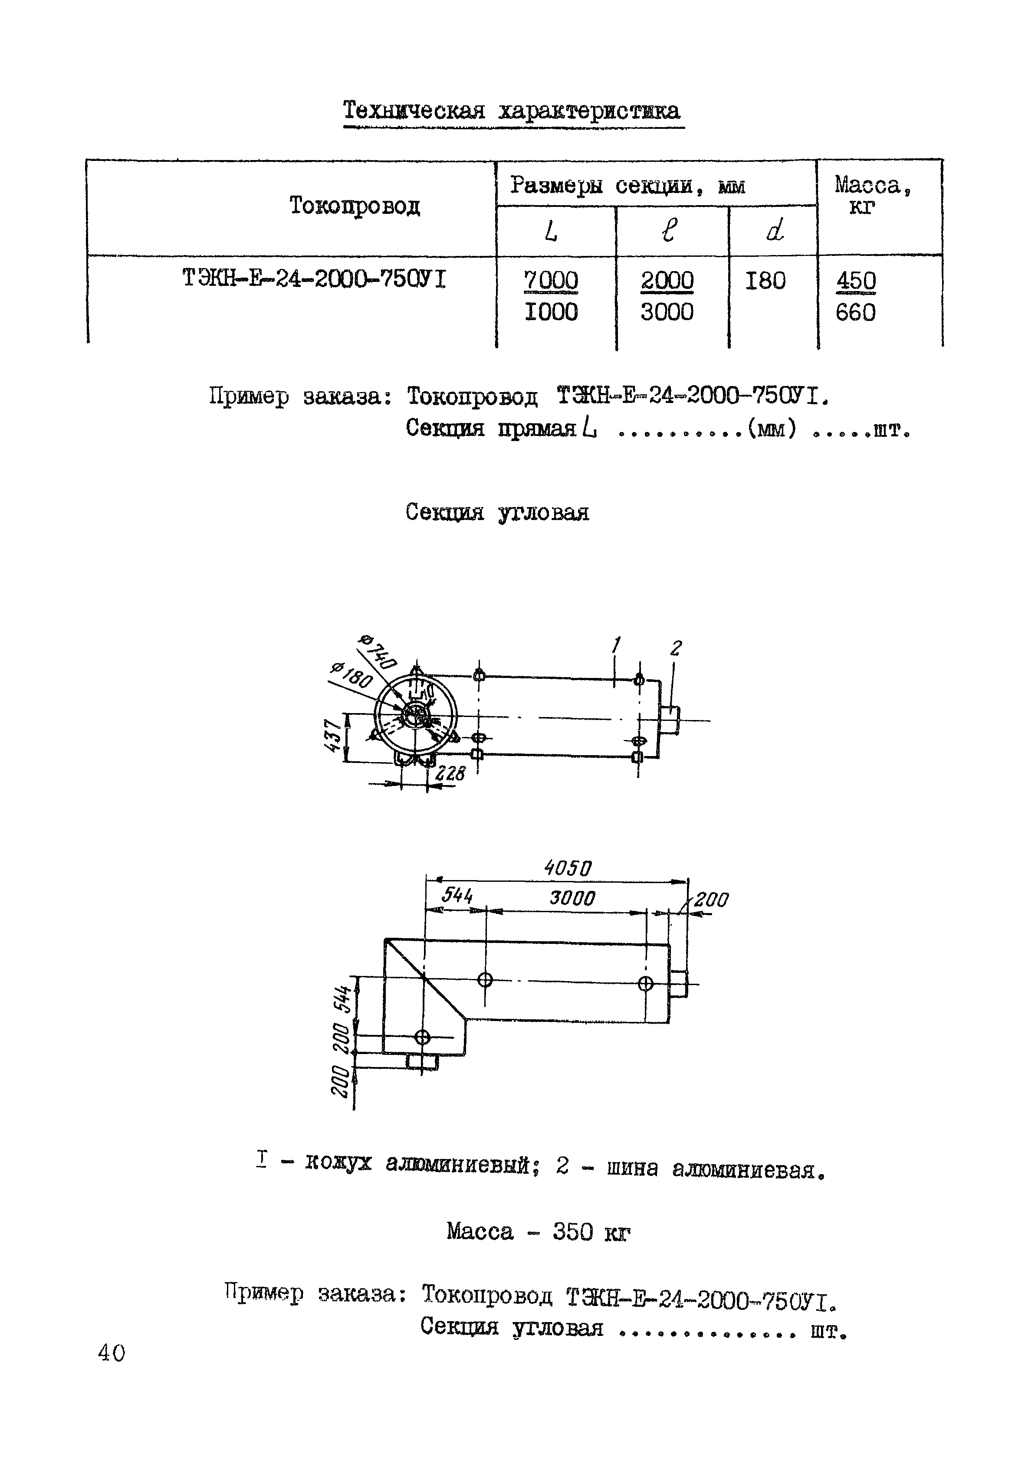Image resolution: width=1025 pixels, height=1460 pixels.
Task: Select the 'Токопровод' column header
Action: [355, 206]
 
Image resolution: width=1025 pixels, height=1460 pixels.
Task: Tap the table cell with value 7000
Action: [551, 281]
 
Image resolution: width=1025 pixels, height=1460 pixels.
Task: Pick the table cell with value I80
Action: [765, 281]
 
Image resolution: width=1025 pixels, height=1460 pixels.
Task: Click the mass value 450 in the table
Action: [856, 281]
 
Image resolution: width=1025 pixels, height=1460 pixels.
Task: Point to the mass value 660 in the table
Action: [856, 312]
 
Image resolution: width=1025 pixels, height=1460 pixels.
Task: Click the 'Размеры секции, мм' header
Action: [627, 186]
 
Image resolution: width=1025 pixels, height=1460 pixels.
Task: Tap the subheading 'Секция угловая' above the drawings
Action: [497, 512]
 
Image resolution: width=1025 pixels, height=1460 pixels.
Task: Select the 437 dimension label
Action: [332, 737]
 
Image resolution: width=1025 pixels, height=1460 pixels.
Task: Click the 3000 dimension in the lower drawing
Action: [572, 898]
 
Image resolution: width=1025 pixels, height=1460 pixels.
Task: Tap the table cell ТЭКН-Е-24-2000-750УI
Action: [314, 278]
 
